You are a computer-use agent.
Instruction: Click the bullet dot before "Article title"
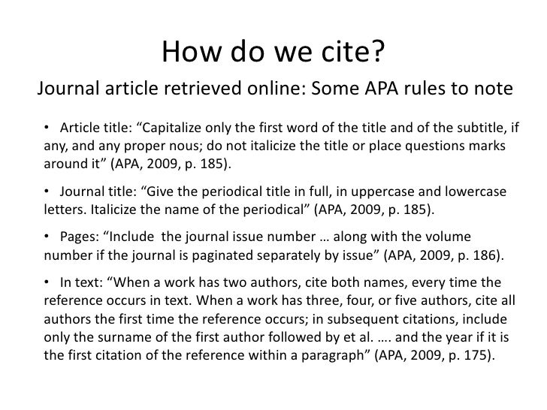coord(47,124)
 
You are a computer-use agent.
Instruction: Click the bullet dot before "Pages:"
coord(47,235)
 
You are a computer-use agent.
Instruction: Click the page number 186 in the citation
coord(487,254)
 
